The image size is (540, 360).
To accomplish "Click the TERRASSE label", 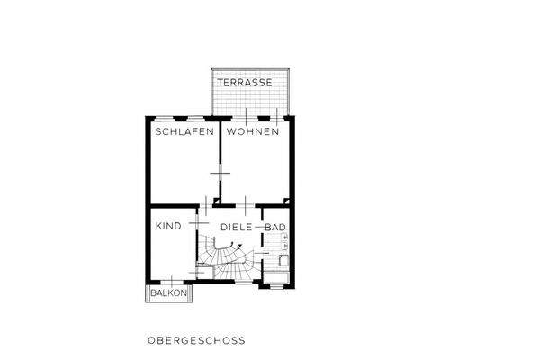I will click(x=250, y=82).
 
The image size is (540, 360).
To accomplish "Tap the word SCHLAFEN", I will click(x=184, y=131).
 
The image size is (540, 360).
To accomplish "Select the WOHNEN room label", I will click(x=253, y=131).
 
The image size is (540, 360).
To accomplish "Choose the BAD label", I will click(x=275, y=227).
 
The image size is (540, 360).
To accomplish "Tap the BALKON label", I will click(x=168, y=294).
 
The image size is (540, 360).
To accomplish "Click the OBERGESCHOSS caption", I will click(x=195, y=341).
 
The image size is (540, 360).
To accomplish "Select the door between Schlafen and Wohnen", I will click(x=218, y=172).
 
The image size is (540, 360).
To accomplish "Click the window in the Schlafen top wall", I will click(x=194, y=117).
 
